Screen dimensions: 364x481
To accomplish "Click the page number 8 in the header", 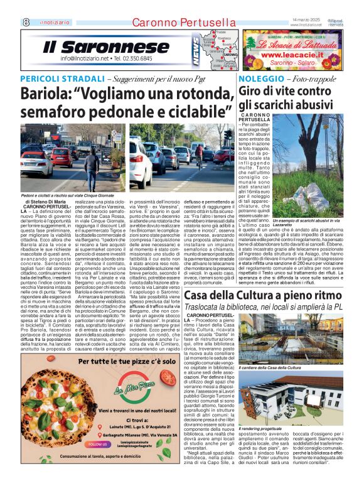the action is point(26,21).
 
